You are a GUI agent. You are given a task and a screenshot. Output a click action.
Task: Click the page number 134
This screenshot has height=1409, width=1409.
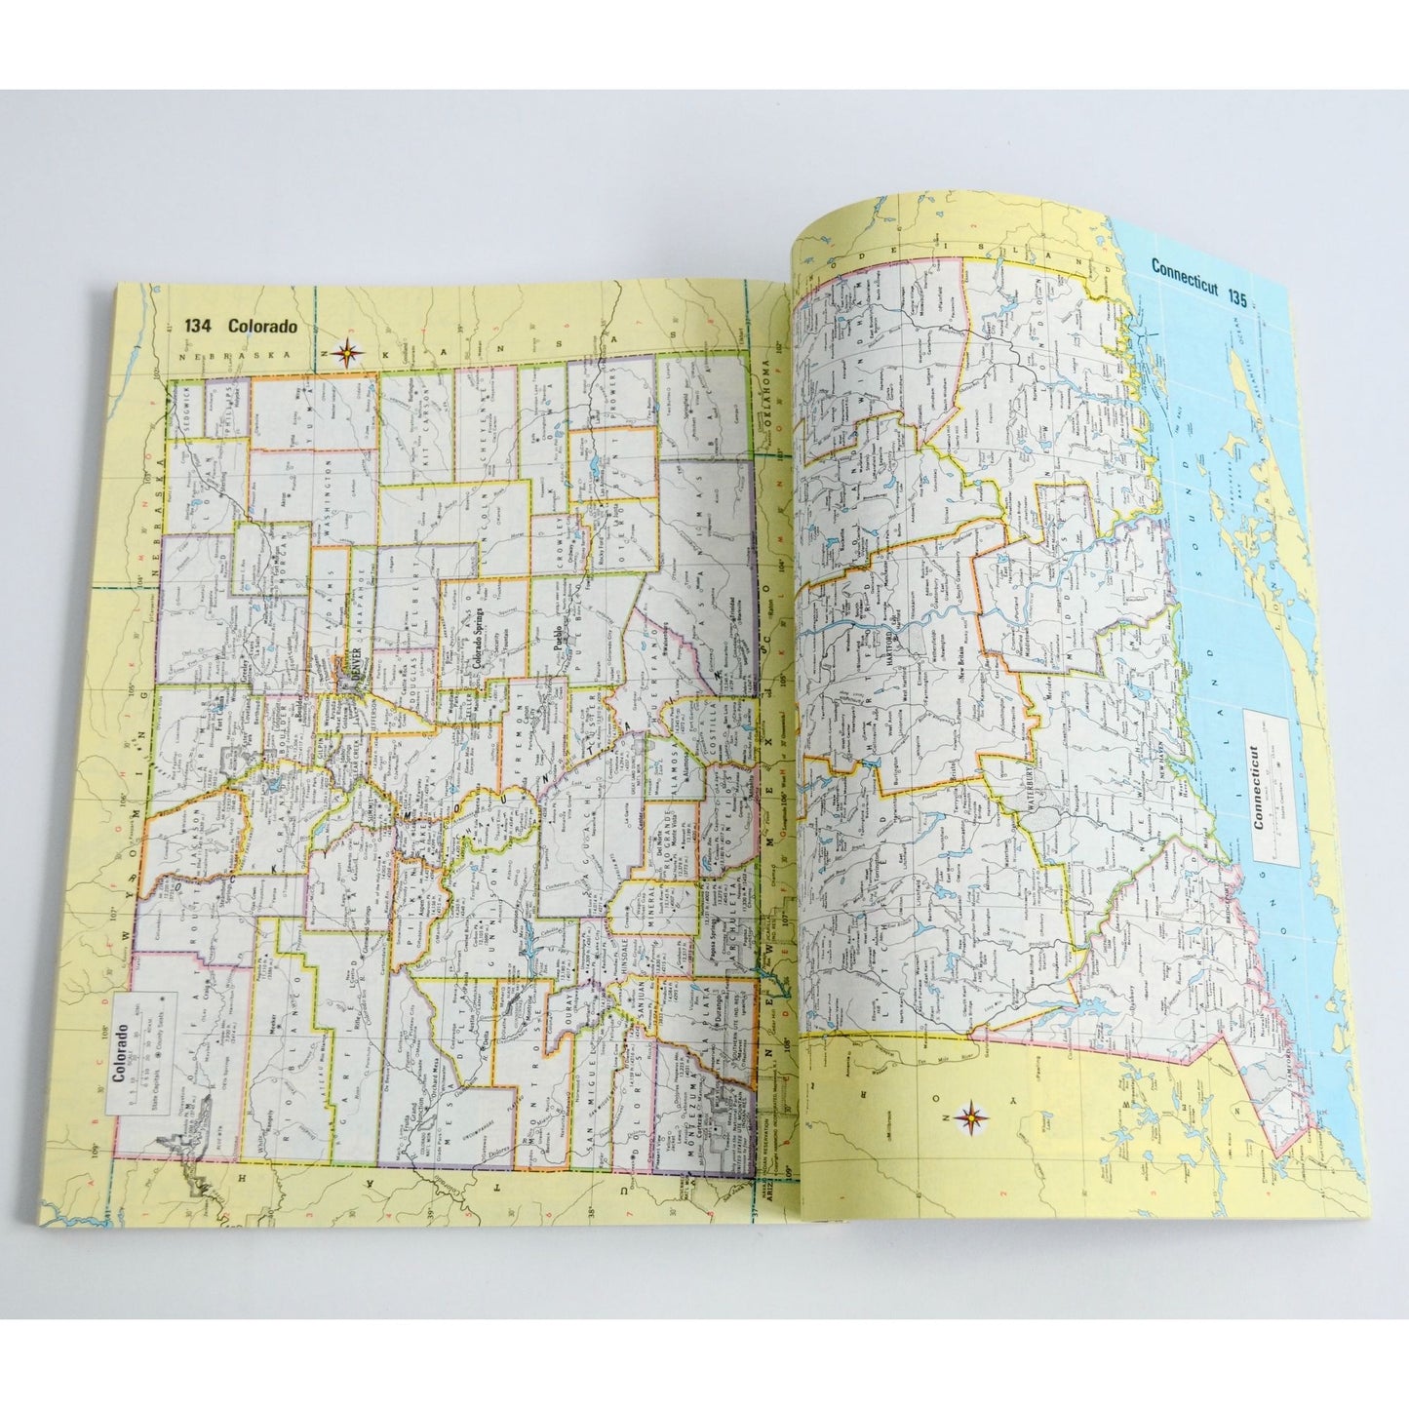point(199,328)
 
